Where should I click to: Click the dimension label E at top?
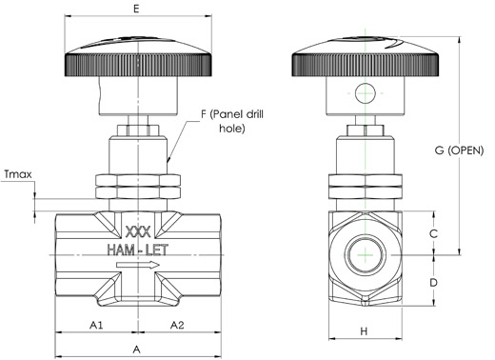(x=136, y=9)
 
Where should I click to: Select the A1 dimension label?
(x=96, y=325)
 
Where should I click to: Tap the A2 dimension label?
(x=177, y=325)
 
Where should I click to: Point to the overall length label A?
(x=136, y=350)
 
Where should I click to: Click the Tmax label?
(x=18, y=174)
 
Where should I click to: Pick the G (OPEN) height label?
(x=459, y=150)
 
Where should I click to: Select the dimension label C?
(x=433, y=233)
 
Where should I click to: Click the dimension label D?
(x=433, y=282)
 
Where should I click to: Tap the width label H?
(x=364, y=331)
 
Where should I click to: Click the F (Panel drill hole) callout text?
(x=232, y=121)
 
